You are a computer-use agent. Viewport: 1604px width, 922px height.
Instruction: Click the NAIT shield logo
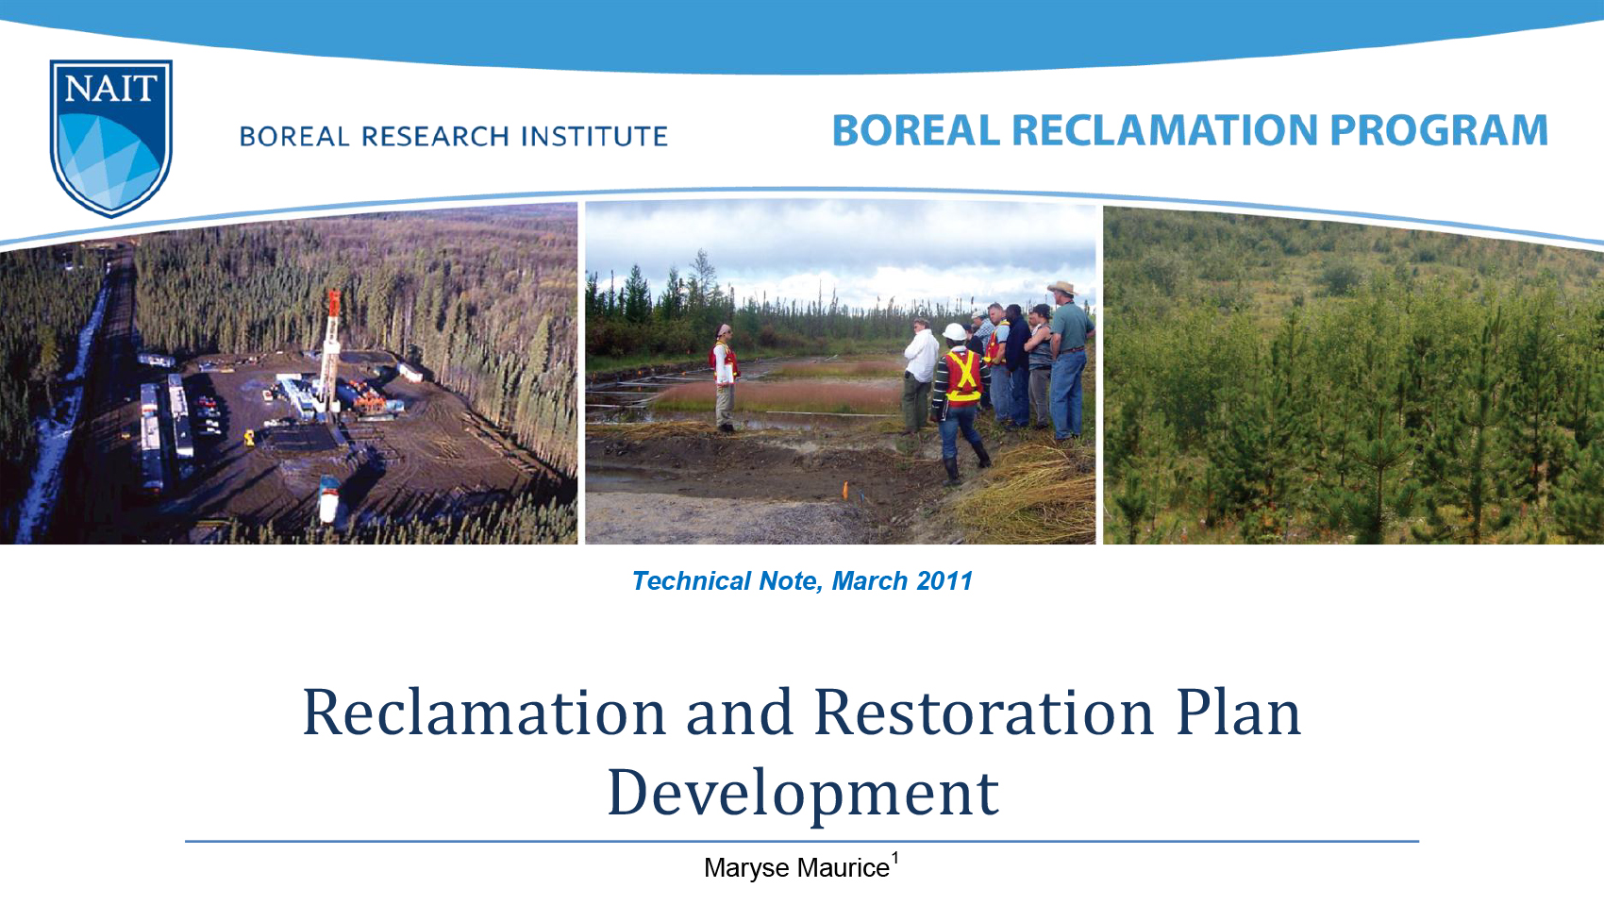pos(110,137)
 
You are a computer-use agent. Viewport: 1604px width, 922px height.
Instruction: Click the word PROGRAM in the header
pos(1439,130)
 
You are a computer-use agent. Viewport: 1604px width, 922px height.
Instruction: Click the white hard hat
pos(956,332)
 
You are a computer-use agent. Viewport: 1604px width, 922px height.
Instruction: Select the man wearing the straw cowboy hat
pos(1069,359)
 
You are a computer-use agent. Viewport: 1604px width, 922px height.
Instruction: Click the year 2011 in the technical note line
pos(944,581)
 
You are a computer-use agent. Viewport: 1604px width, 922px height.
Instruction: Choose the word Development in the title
pos(802,793)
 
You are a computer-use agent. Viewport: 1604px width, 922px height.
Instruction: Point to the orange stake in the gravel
pos(845,489)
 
